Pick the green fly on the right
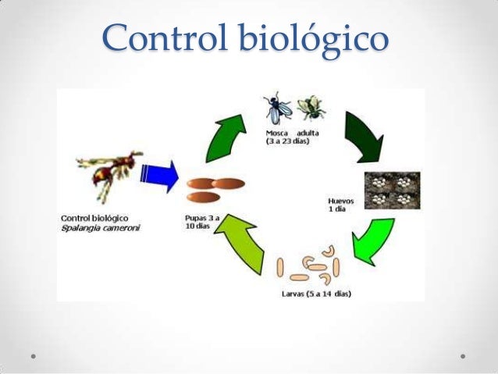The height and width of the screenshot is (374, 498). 310,109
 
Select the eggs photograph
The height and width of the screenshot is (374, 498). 392,190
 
